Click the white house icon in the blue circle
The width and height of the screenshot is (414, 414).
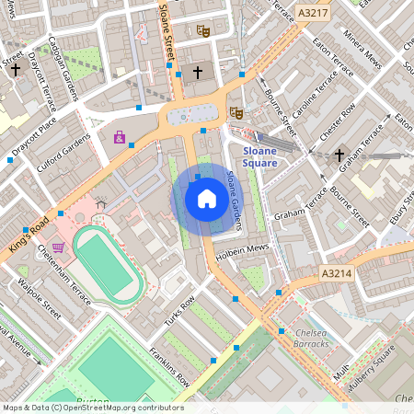[x=207, y=198]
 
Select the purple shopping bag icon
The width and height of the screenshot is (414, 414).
[x=119, y=137]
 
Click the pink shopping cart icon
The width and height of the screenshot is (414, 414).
[x=59, y=247]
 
